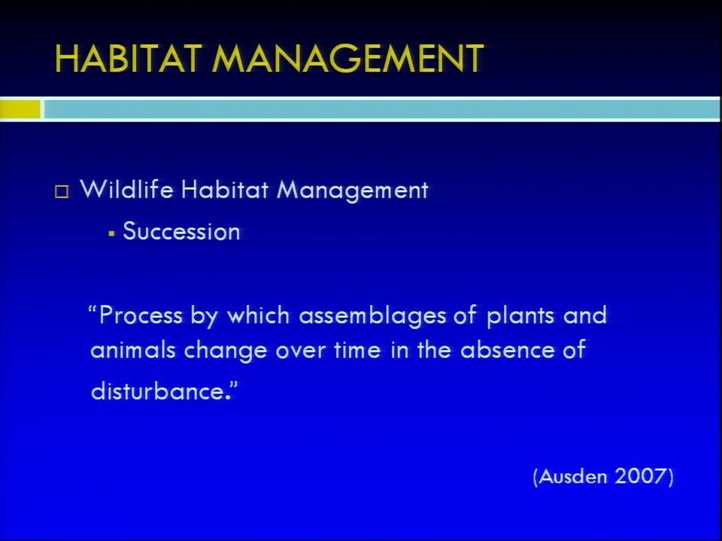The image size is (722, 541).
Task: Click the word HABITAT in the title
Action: point(128,59)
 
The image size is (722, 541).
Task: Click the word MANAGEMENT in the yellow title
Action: point(347,59)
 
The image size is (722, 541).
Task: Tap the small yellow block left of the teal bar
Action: point(20,109)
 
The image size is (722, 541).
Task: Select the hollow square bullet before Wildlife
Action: point(62,192)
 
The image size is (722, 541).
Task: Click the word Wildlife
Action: point(126,189)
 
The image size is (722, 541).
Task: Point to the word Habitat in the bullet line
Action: point(224,189)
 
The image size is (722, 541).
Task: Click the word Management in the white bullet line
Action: point(352,190)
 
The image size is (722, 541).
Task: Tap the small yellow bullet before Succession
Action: point(111,234)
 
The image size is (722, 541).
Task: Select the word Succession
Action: point(181,231)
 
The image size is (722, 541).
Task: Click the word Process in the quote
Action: point(141,316)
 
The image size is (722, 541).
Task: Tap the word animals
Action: point(133,350)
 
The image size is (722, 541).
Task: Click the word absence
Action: point(508,350)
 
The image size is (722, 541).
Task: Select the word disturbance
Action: point(157,391)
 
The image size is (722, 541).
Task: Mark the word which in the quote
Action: point(258,316)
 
